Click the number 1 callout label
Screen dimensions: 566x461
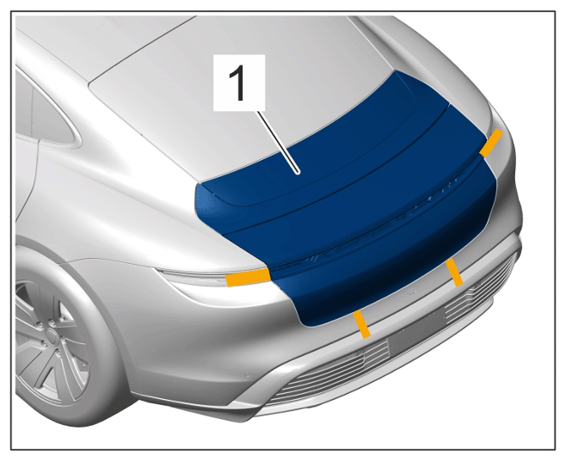[239, 83]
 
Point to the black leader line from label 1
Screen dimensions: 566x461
[278, 142]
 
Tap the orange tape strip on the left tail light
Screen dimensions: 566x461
[248, 277]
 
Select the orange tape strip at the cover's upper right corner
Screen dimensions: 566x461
[491, 143]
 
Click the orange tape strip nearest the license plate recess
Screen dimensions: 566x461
[362, 324]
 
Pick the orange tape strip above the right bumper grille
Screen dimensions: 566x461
[454, 273]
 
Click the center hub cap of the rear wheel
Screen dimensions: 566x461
[51, 338]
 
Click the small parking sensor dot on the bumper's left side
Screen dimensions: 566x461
[248, 375]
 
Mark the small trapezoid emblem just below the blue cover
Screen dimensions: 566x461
[411, 292]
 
